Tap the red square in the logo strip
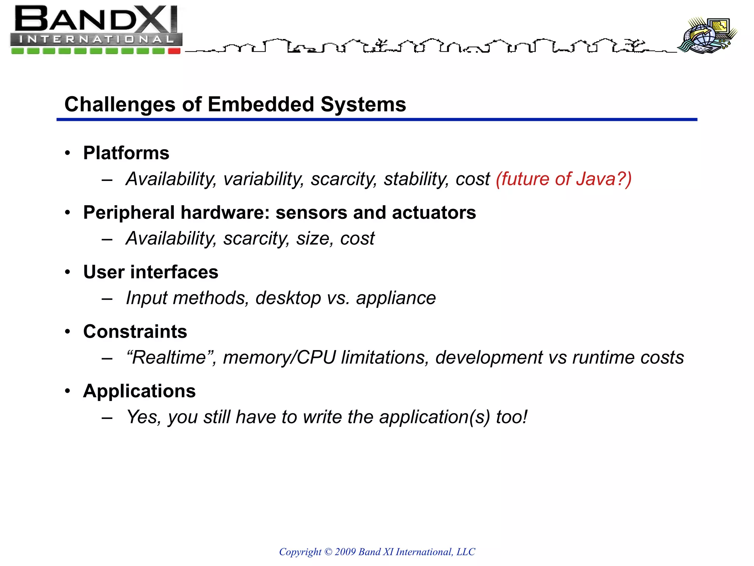click(x=174, y=51)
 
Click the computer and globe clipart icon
click(x=707, y=35)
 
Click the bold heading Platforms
click(x=126, y=153)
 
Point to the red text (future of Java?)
click(x=564, y=179)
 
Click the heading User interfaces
click(x=151, y=272)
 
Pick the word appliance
click(x=396, y=298)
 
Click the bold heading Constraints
click(x=135, y=331)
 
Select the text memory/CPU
click(x=279, y=357)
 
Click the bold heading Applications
click(x=139, y=391)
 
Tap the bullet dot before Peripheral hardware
click(x=67, y=213)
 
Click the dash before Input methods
click(x=107, y=298)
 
